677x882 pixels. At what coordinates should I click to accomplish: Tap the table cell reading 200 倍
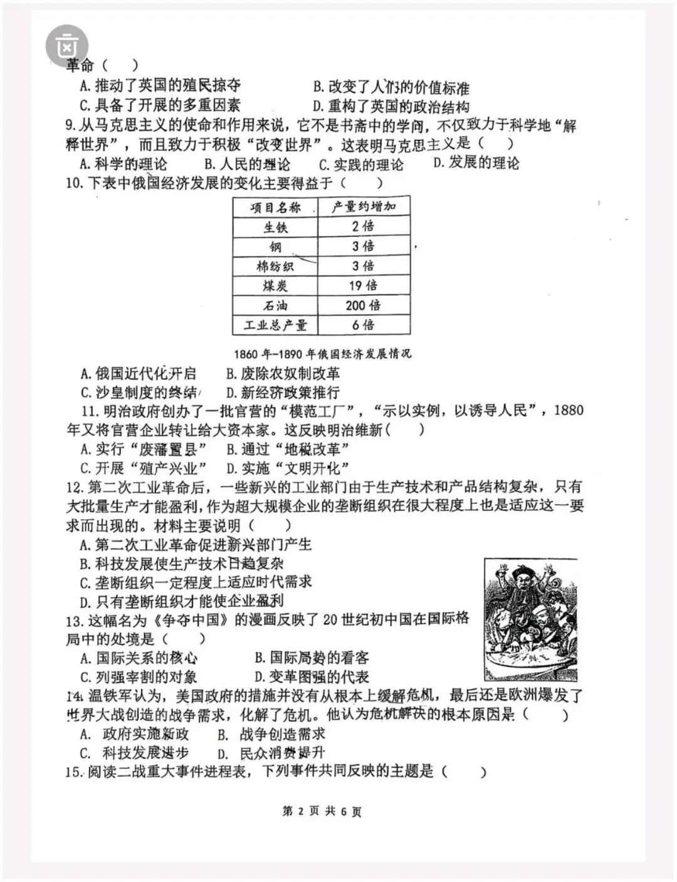point(363,305)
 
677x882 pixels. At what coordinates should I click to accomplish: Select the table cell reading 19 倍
point(363,286)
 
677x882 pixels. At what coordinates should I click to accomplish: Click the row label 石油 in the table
point(275,306)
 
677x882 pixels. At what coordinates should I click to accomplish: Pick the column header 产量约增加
point(364,207)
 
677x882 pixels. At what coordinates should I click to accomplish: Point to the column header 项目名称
point(275,207)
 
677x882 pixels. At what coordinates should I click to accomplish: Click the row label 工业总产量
point(275,325)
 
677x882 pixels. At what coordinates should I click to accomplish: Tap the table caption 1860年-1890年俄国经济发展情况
point(322,354)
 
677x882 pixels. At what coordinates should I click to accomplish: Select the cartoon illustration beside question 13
point(530,620)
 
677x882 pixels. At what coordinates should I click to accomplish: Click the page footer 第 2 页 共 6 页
point(322,811)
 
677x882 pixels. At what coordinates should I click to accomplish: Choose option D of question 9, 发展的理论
point(476,164)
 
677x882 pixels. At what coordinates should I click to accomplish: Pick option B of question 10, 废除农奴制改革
point(283,374)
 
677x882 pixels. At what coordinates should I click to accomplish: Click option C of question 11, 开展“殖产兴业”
point(144,468)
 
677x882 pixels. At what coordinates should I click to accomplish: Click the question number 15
point(73,772)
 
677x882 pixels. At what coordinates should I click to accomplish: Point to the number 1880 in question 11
point(569,411)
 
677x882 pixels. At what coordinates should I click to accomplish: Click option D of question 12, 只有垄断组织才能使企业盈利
point(182,602)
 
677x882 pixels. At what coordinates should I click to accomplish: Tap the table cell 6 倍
point(363,325)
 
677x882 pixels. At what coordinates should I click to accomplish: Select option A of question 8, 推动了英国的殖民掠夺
point(160,85)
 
